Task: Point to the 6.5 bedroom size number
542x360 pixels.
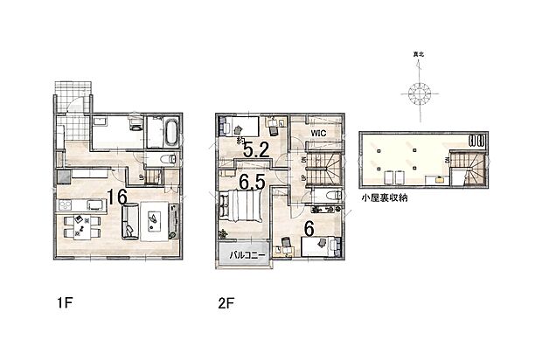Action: [x=253, y=183]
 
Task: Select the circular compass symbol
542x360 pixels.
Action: [x=419, y=92]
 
